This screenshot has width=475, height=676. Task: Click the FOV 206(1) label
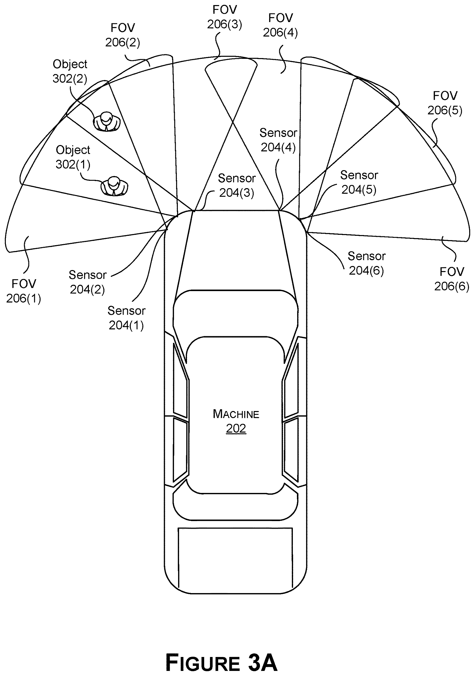[x=24, y=291]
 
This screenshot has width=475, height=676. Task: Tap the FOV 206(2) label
[x=123, y=35]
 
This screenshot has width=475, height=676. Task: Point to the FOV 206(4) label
[x=280, y=25]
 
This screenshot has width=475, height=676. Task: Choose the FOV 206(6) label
[x=452, y=279]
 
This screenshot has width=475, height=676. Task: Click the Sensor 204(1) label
[x=126, y=318]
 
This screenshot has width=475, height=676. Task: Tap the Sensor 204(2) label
[x=88, y=282]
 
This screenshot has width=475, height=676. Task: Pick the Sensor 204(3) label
[x=237, y=186]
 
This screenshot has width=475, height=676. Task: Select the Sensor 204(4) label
[x=278, y=140]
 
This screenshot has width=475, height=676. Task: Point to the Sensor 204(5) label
[x=359, y=182]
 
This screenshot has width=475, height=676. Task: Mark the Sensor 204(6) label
[x=367, y=263]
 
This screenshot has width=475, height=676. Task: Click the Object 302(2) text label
[x=70, y=71]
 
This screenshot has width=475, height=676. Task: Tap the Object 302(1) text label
[x=73, y=157]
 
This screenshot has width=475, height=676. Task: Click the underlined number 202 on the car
[x=236, y=428]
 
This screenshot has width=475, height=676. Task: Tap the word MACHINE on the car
[x=236, y=414]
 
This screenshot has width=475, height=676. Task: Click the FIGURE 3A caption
[x=221, y=663]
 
